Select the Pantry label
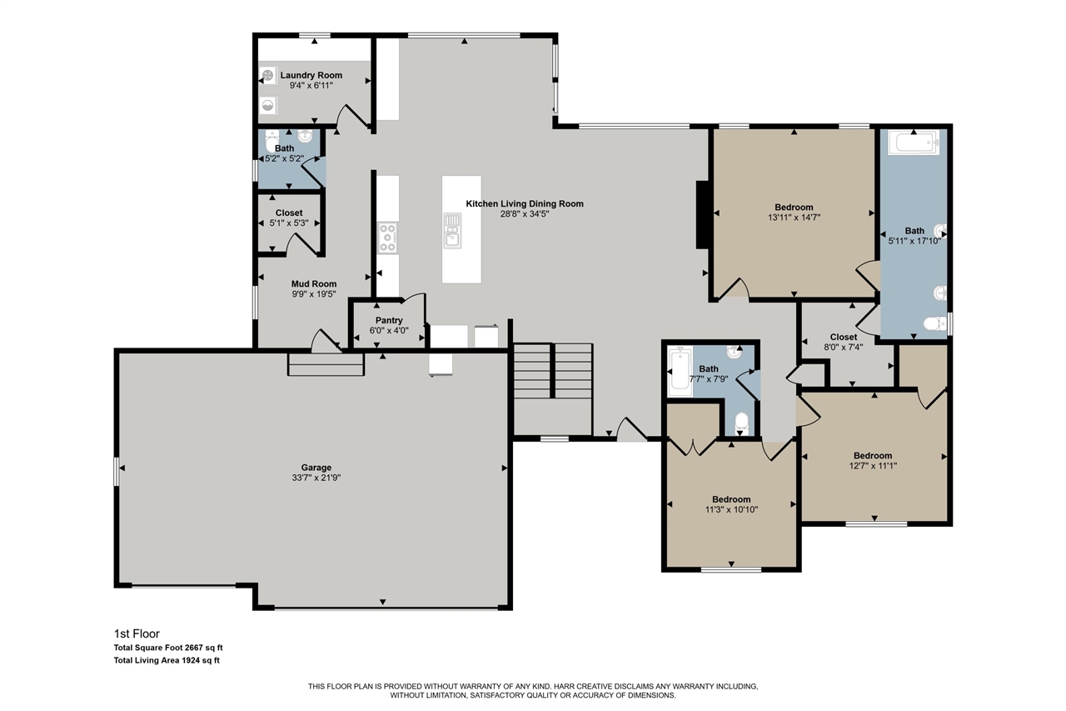coord(389,320)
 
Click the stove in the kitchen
coord(388,237)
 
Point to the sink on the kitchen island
coord(452,230)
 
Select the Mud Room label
coord(313,284)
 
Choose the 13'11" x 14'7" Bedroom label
coord(794,207)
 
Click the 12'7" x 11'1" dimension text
coord(872,466)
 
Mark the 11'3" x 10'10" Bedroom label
coord(730,499)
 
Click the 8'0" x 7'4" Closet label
coord(843,338)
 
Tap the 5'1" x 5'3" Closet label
coord(289,213)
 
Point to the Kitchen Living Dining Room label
coord(524,203)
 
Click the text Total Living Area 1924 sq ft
coord(167,660)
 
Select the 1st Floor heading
coord(137,633)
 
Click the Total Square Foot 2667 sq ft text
coord(168,647)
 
